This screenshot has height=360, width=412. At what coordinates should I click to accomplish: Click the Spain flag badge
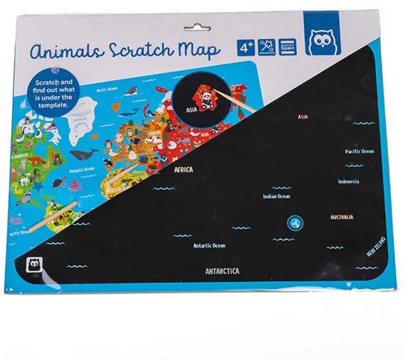287,46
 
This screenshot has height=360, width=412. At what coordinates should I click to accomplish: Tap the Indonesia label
348,181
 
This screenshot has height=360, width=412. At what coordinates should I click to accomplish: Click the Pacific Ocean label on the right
359,151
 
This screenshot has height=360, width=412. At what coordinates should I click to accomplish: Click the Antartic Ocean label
209,245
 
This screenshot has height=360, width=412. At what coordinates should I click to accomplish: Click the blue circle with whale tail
294,221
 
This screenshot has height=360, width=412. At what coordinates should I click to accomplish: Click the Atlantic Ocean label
82,169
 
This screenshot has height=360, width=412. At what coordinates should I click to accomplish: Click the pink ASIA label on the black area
303,117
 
